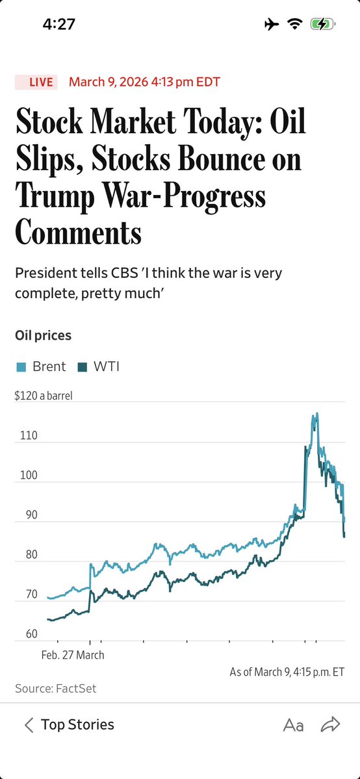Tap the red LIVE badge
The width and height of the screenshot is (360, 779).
pos(36,82)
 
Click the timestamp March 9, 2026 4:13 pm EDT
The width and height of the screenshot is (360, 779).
pos(144,82)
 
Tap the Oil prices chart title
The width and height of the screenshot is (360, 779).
pos(43,335)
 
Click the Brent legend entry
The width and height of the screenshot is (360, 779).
pos(41,366)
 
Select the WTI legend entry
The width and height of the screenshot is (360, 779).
pos(99,366)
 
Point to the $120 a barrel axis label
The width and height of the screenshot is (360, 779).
pos(44,396)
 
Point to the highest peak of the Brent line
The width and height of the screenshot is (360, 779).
pos(316,413)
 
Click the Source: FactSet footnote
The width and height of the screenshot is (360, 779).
pos(55,688)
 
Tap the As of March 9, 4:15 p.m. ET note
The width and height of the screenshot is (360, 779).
pos(287,672)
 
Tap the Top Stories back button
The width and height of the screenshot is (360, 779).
pos(69,724)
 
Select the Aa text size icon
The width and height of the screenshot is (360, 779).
pos(293,725)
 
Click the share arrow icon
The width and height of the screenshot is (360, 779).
pos(331,724)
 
